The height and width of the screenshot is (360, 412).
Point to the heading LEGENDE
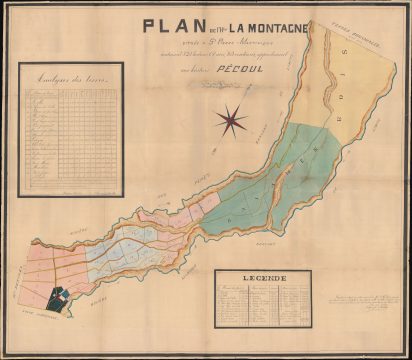(x=264, y=277)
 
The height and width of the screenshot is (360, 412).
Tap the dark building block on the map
(x=61, y=296)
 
